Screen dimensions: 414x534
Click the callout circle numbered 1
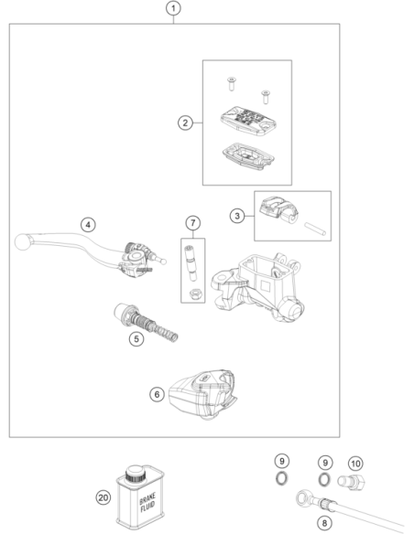point(173,8)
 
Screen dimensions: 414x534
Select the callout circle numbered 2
point(185,123)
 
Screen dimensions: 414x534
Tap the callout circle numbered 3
point(237,216)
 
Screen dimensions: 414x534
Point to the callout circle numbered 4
point(88,225)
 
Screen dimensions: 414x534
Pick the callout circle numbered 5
point(136,339)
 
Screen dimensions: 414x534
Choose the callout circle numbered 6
point(157,394)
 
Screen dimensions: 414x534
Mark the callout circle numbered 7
point(193,223)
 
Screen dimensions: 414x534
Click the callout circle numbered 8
point(324,523)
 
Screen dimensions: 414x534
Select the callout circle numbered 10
point(355,464)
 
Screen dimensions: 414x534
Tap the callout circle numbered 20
point(103,498)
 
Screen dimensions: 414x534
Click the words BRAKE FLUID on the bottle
point(147,502)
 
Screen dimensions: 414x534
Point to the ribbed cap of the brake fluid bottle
point(136,474)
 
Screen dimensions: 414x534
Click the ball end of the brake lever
point(23,242)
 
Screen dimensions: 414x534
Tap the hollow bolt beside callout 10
point(351,482)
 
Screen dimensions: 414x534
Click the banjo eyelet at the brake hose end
point(303,498)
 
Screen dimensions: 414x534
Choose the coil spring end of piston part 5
point(166,333)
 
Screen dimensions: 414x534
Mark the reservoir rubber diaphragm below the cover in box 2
point(248,156)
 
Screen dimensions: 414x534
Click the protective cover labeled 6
point(203,394)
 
